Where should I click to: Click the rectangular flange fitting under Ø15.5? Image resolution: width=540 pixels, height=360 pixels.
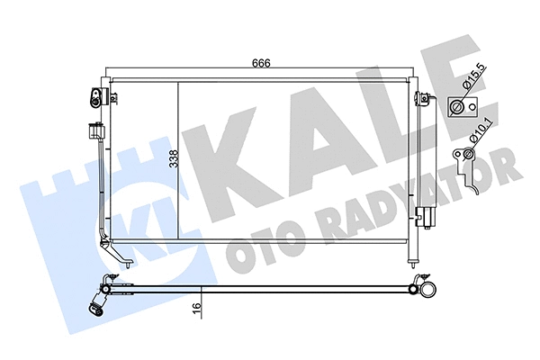[458, 109]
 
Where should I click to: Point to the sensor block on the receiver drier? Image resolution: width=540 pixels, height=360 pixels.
[424, 216]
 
